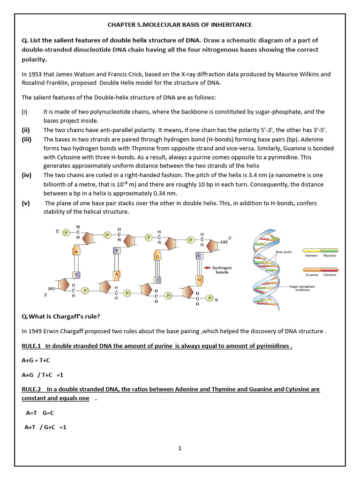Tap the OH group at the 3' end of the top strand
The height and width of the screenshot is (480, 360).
pos(224,242)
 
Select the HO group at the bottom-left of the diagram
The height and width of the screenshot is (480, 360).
pos(52,289)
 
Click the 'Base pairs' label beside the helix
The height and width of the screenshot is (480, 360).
pos(284,252)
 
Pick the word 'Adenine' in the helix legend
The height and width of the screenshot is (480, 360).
pos(311,256)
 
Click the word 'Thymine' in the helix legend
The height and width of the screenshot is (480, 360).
pos(330,256)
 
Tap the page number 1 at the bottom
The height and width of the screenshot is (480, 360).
pos(180,448)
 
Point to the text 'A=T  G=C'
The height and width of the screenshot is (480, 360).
pos(40,413)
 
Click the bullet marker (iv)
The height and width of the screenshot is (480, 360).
pos(27,175)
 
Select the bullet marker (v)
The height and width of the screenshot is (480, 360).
pos(26,203)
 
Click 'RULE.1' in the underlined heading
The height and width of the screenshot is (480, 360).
pos(31,346)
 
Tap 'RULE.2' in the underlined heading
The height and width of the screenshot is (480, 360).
pos(31,390)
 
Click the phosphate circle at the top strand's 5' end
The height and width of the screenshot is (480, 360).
pos(66,232)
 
